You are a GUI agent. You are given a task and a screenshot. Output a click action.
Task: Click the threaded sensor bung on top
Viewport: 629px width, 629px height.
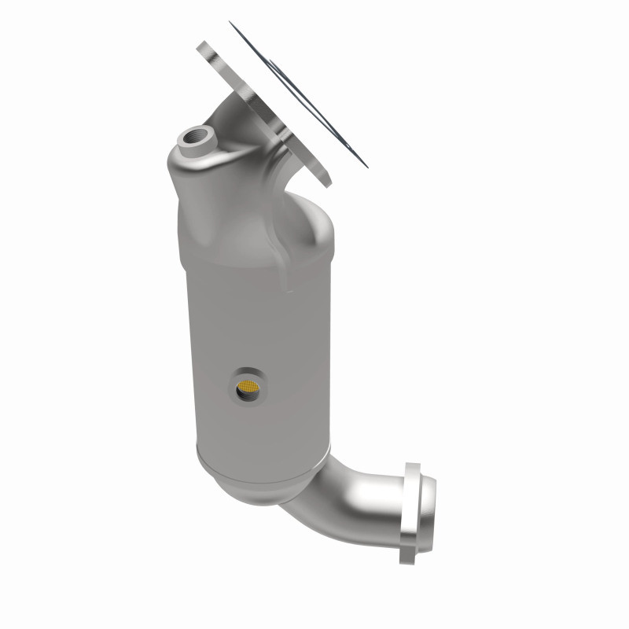192,142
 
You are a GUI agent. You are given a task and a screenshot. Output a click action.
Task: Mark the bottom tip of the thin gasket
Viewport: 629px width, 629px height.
366,165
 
